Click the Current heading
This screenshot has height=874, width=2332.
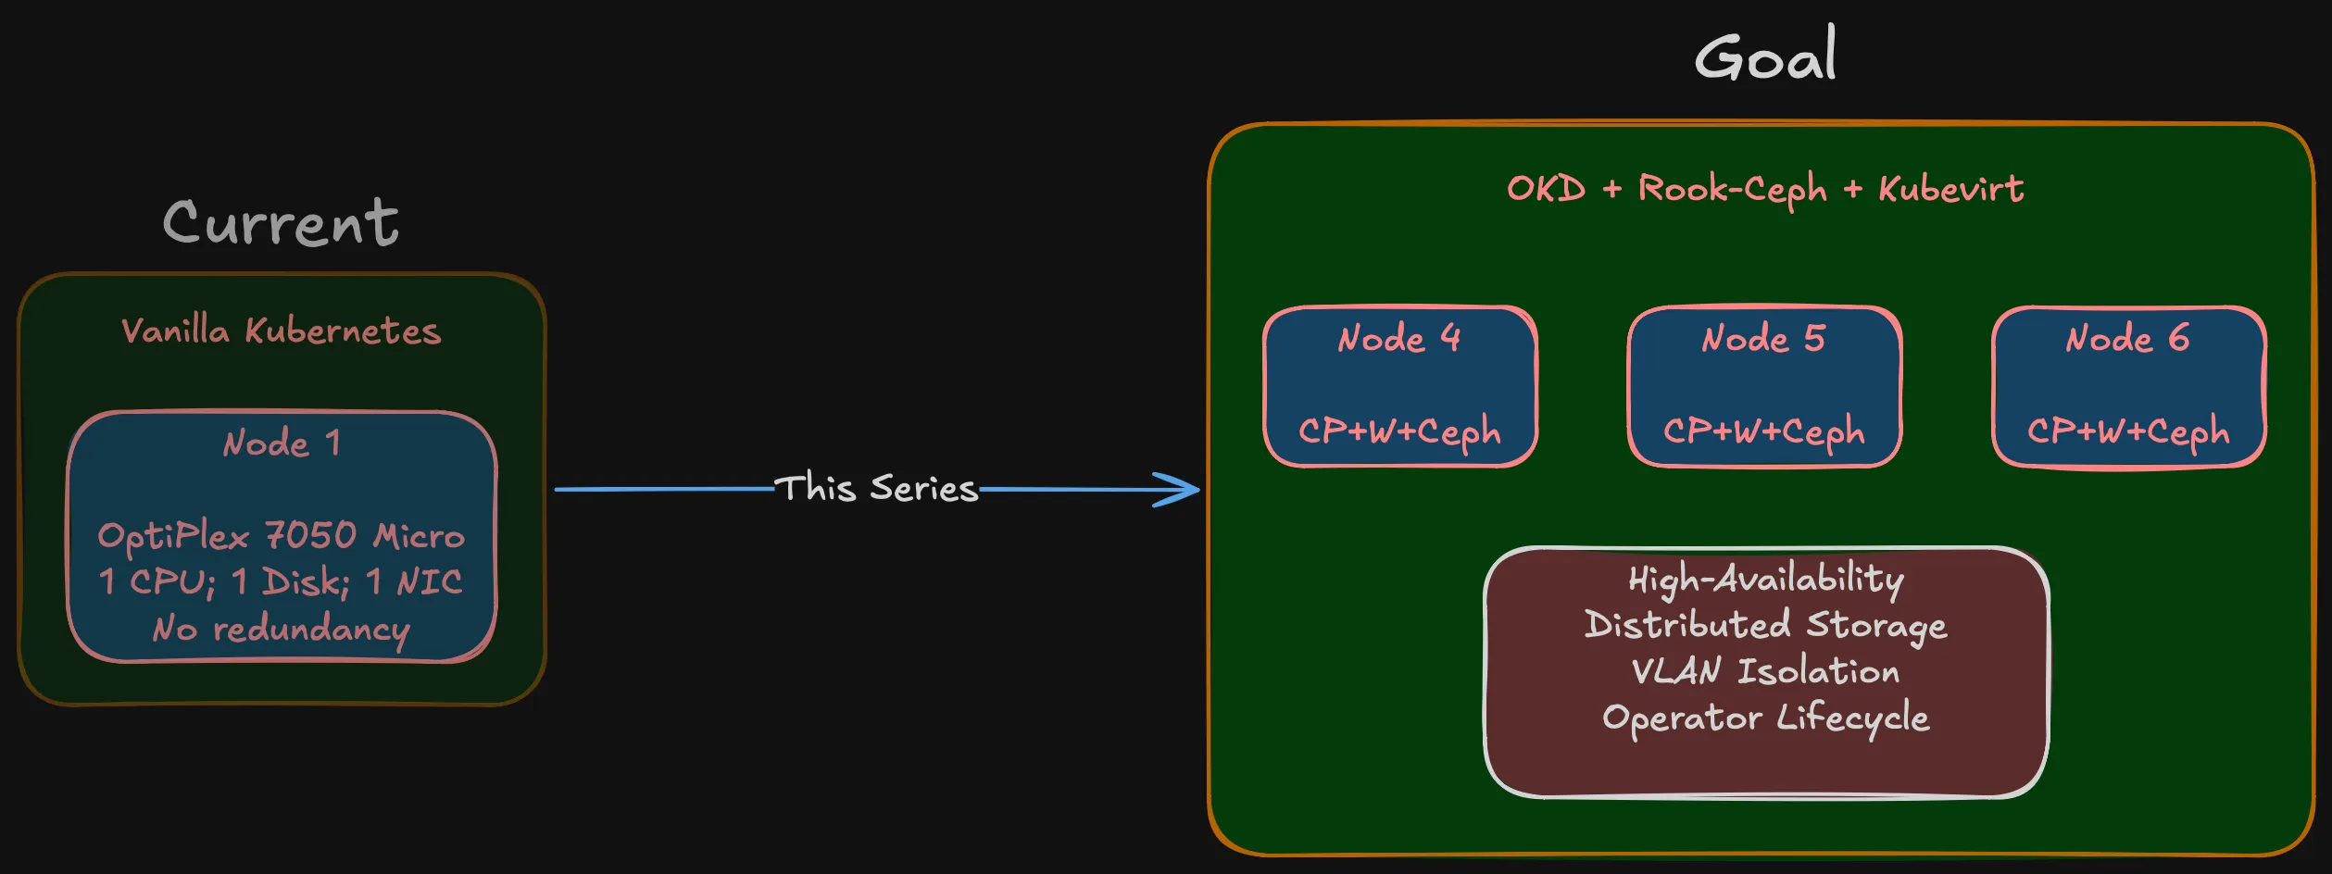[x=281, y=224]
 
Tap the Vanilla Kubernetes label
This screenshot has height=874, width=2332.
[x=281, y=331]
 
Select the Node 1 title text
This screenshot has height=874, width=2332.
[x=282, y=443]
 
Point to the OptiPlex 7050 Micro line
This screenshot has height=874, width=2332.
[x=281, y=536]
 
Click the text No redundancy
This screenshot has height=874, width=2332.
[x=281, y=629]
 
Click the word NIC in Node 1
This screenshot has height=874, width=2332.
[x=429, y=582]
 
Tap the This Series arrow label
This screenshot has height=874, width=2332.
[x=876, y=488]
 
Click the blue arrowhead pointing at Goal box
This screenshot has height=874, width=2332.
[x=1181, y=489]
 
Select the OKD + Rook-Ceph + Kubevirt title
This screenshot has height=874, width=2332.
[x=1765, y=189]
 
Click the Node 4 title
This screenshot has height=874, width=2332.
[x=1399, y=339]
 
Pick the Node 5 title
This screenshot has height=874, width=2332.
[x=1763, y=339]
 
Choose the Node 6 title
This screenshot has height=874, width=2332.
[x=2127, y=339]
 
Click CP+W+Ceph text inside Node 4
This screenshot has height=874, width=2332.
[x=1399, y=431]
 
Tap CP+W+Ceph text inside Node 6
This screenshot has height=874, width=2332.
[x=2127, y=431]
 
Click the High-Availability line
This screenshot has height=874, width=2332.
[x=1765, y=580]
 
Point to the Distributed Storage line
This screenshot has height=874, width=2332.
[x=1765, y=626]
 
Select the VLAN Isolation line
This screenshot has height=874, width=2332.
[x=1765, y=671]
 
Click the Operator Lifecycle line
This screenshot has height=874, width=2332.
[x=1765, y=718]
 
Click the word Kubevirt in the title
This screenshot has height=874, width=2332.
[x=1950, y=189]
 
